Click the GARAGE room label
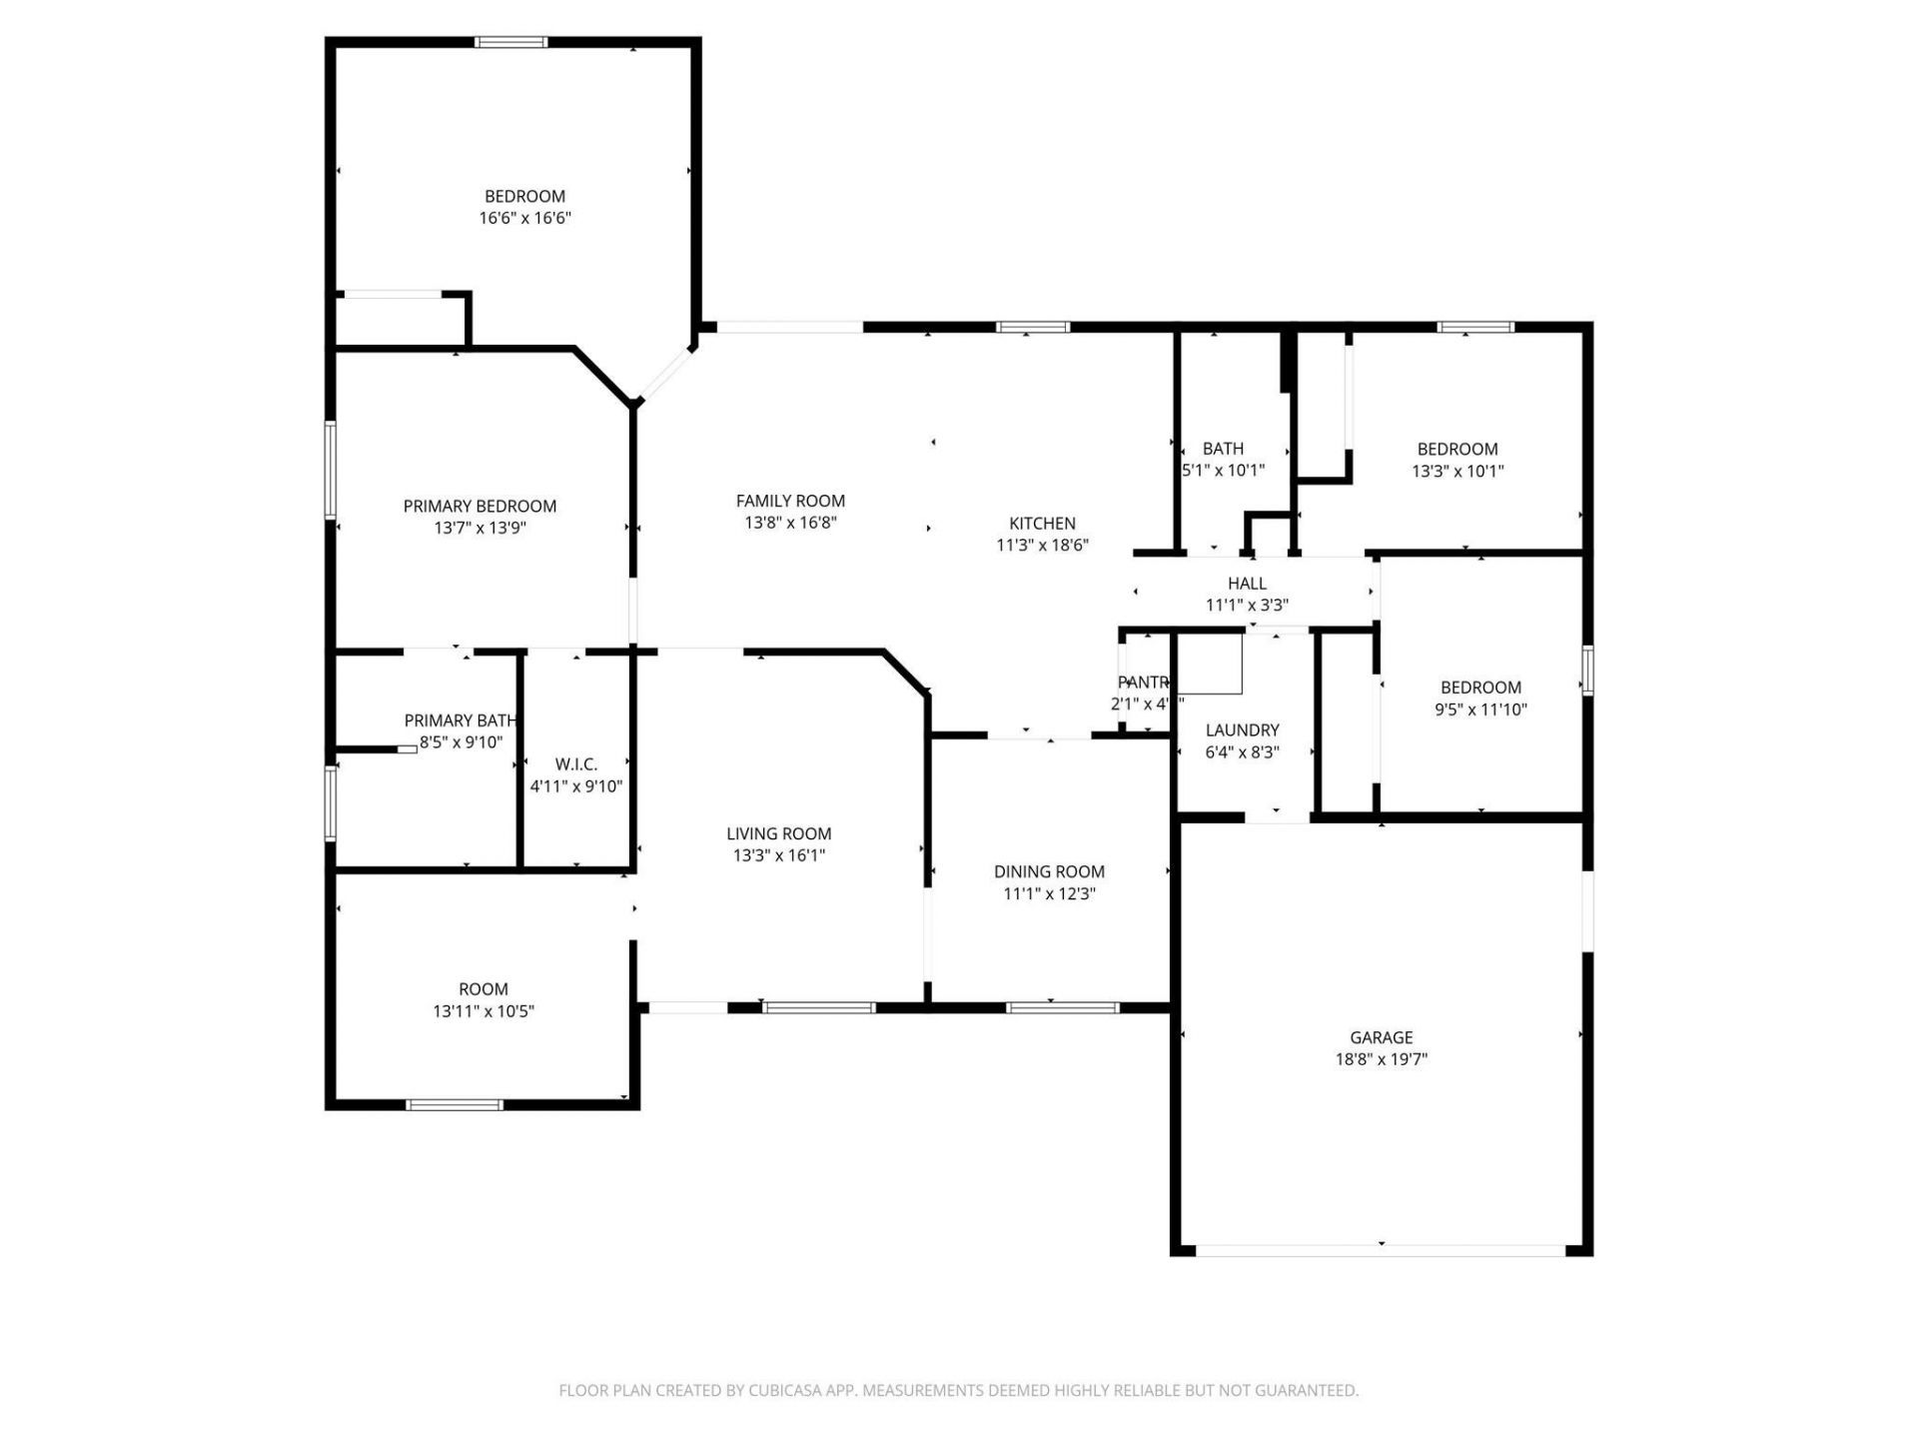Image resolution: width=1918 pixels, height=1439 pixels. pyautogui.click(x=1381, y=1037)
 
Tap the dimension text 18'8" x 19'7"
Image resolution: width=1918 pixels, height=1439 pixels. pyautogui.click(x=1381, y=1059)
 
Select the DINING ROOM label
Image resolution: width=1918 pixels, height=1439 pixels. pyautogui.click(x=1049, y=871)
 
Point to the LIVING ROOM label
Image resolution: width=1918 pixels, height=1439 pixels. pyautogui.click(x=778, y=833)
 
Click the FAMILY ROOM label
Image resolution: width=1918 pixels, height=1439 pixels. pyautogui.click(x=790, y=501)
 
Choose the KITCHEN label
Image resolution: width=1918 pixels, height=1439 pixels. pyautogui.click(x=1042, y=523)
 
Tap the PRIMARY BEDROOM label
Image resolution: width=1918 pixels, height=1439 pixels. pyautogui.click(x=479, y=506)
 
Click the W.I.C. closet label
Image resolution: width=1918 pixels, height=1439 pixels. pyautogui.click(x=576, y=764)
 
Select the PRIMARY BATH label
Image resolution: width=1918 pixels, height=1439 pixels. pyautogui.click(x=460, y=720)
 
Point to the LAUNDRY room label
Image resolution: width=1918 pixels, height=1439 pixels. pyautogui.click(x=1242, y=730)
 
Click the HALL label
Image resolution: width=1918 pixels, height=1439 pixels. pyautogui.click(x=1247, y=583)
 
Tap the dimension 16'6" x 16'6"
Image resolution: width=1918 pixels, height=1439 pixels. pyautogui.click(x=524, y=218)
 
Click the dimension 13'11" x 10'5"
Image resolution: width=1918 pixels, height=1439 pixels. pyautogui.click(x=483, y=1011)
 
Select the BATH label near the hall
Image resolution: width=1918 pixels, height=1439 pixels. pyautogui.click(x=1223, y=449)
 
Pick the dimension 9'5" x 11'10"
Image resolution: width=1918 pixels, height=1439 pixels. pyautogui.click(x=1480, y=710)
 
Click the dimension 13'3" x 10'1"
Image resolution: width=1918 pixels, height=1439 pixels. pyautogui.click(x=1457, y=471)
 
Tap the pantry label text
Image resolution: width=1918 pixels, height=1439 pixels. pyautogui.click(x=1143, y=683)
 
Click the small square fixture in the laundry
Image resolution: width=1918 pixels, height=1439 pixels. pyautogui.click(x=1211, y=664)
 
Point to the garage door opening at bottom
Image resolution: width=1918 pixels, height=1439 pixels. pyautogui.click(x=1381, y=1250)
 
